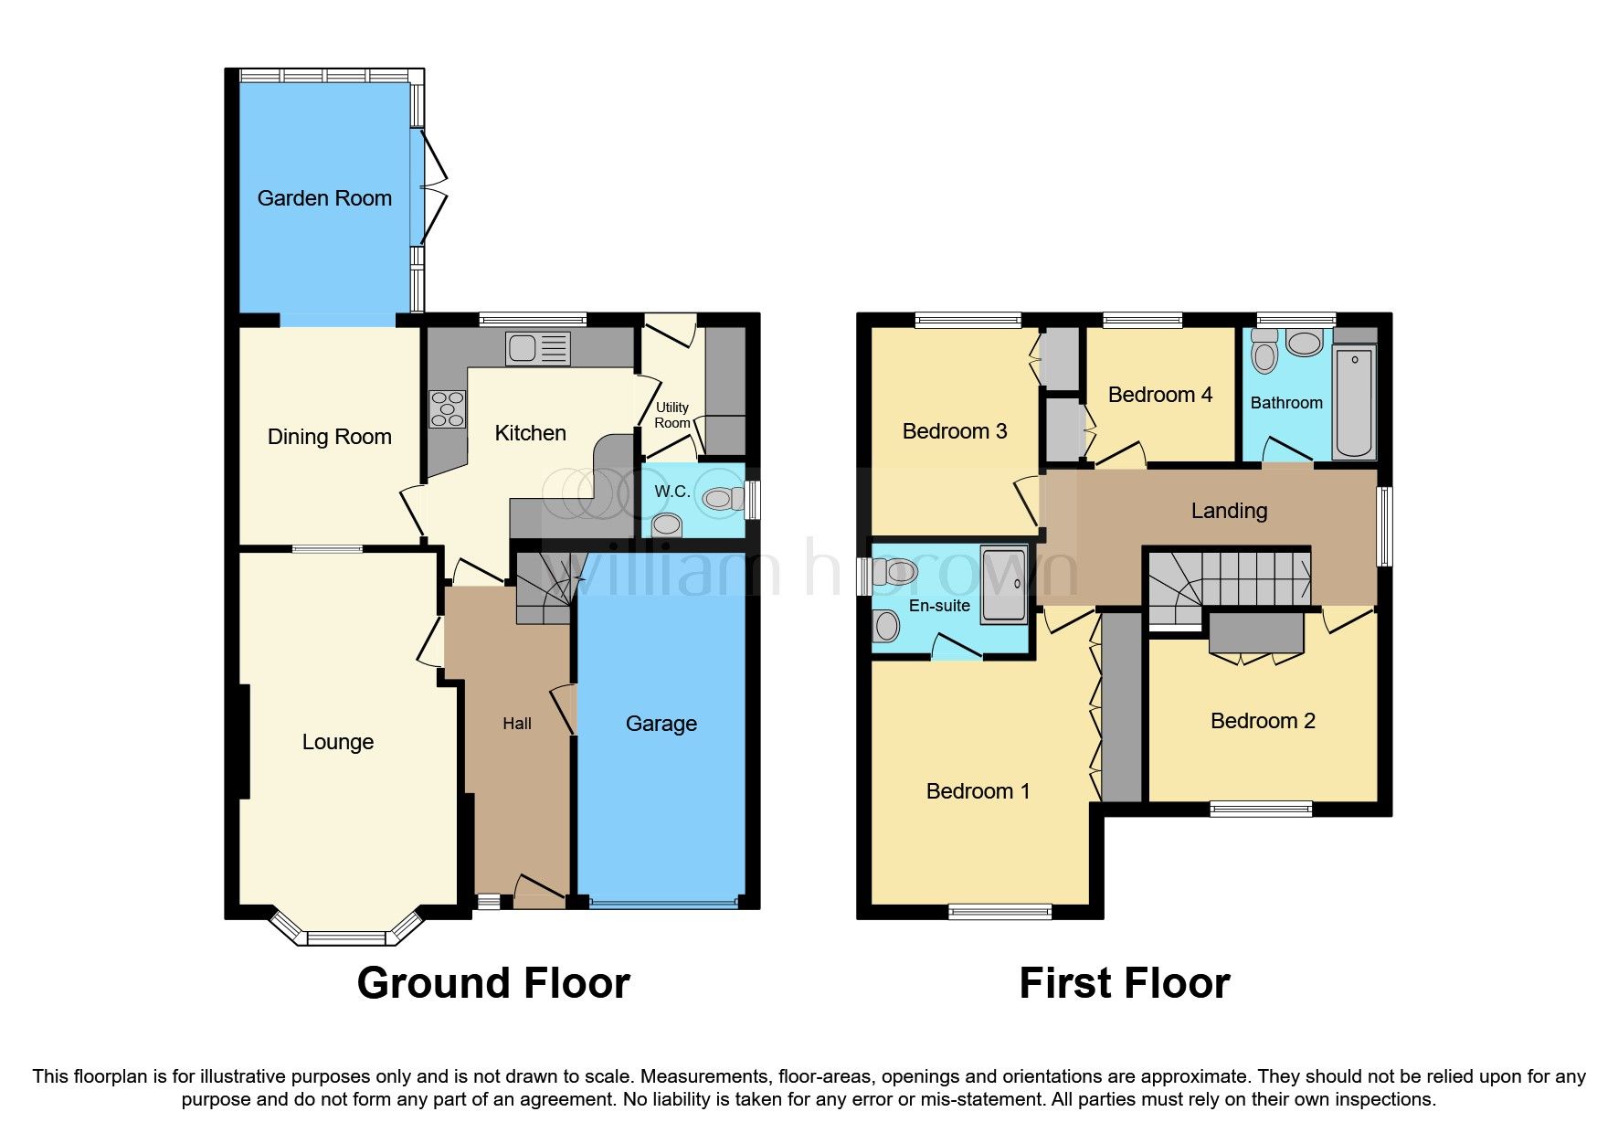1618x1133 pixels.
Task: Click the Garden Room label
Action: [x=324, y=198]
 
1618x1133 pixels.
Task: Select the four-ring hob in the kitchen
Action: [x=448, y=408]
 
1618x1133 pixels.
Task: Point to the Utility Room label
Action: [x=672, y=415]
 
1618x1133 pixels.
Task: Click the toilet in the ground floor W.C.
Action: [x=722, y=499]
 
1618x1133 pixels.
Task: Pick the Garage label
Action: [x=661, y=724]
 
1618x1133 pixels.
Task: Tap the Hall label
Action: [x=516, y=724]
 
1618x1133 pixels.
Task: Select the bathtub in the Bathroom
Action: [x=1354, y=402]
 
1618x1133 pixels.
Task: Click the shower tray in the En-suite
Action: [x=1003, y=585]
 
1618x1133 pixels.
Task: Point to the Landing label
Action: [x=1229, y=511]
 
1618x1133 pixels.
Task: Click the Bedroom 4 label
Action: [x=1159, y=395]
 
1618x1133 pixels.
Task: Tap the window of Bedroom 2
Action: [x=1261, y=808]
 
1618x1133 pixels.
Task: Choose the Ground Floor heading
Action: [x=493, y=983]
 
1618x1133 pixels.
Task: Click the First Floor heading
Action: [x=1124, y=983]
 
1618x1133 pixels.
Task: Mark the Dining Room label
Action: [x=329, y=437]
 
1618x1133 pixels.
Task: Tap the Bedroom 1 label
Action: [x=978, y=791]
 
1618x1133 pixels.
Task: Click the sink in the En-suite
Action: [x=886, y=626]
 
